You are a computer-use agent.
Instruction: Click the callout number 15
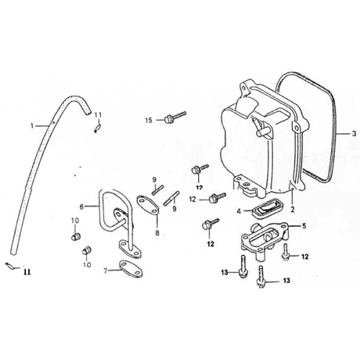[149, 120]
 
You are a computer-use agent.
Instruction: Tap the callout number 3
[354, 134]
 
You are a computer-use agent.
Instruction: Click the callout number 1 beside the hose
[32, 125]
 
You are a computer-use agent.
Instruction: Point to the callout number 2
[292, 210]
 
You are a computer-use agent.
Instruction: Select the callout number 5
[304, 226]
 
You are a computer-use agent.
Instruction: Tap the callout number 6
[81, 207]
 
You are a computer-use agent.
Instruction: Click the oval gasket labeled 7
[131, 269]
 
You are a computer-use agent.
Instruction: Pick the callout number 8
[157, 233]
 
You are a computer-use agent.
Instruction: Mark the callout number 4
[239, 212]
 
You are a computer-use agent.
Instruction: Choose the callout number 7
[105, 271]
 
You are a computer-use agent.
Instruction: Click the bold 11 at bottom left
[27, 272]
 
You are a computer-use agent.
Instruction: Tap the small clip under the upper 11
[97, 128]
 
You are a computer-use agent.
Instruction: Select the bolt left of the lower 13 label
[260, 276]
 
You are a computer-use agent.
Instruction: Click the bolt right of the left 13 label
[243, 266]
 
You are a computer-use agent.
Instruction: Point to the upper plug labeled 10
[76, 237]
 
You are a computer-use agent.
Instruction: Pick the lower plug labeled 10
[86, 251]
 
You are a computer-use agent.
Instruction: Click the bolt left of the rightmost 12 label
[286, 252]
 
